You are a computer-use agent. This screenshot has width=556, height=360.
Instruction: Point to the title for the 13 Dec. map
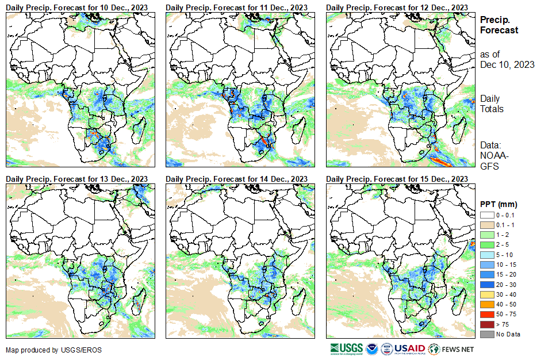click(x=76, y=179)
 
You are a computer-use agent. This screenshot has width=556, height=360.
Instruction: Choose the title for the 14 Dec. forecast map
click(x=236, y=179)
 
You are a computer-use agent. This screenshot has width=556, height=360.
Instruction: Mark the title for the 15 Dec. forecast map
click(x=397, y=179)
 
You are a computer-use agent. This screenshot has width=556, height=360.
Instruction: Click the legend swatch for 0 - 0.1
click(x=486, y=214)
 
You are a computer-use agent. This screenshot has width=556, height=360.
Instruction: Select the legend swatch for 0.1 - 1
click(x=486, y=224)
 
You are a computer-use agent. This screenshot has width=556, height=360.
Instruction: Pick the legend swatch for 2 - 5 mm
click(x=486, y=244)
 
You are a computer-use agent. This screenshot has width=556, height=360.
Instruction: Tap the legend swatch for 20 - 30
click(x=486, y=284)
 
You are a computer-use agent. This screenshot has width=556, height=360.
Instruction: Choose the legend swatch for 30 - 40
click(x=486, y=294)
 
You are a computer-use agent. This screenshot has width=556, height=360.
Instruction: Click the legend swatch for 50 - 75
click(x=486, y=314)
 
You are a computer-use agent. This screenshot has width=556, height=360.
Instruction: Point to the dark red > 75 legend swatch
click(x=486, y=324)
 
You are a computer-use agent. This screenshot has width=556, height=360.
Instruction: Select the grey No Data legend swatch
click(x=486, y=334)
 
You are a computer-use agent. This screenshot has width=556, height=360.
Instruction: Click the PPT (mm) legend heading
click(x=499, y=204)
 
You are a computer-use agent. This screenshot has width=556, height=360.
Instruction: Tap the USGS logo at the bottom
click(x=347, y=348)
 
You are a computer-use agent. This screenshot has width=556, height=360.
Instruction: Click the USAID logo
click(x=409, y=348)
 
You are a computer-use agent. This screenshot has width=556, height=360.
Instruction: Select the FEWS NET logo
click(x=452, y=348)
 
